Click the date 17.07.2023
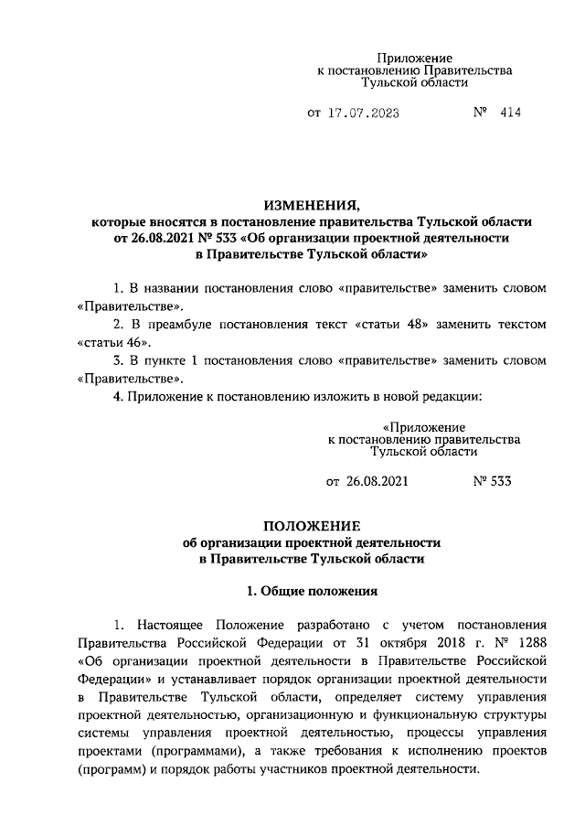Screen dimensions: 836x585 (362, 115)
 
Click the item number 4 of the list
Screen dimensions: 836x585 (114, 396)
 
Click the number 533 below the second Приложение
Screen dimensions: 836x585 (498, 481)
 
